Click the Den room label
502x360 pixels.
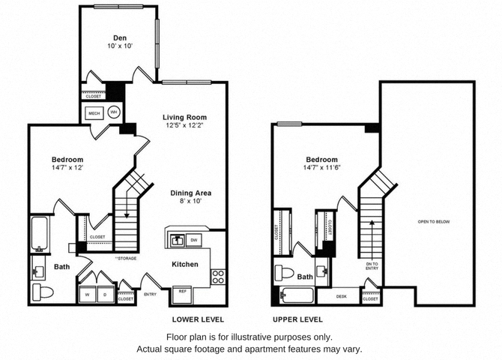119,37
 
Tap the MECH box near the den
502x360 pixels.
94,113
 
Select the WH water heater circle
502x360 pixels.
114,112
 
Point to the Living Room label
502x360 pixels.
185,118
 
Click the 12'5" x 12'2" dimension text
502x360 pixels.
185,127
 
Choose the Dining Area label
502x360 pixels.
190,193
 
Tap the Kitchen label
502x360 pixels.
185,265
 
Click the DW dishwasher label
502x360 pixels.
193,240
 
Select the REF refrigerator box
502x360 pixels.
182,291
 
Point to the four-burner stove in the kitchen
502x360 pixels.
218,277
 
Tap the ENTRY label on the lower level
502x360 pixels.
150,294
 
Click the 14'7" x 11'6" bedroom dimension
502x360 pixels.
321,169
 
